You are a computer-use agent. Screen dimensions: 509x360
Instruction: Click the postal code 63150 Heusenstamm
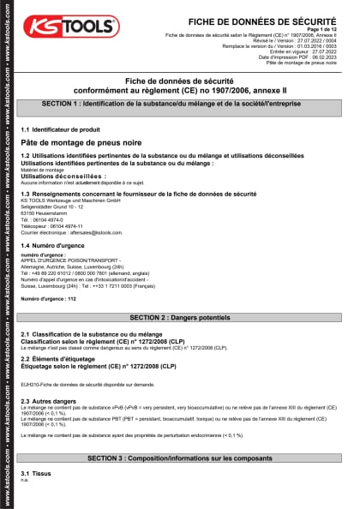pyautogui.click(x=47, y=213)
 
